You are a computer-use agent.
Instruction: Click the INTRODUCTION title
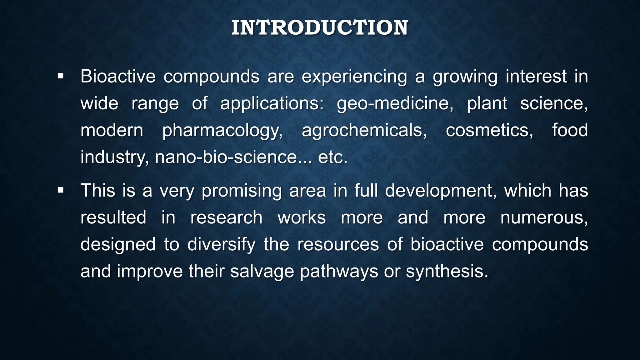click(320, 27)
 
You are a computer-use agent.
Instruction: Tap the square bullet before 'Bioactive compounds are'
click(61, 76)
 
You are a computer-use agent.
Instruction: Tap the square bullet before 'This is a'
click(61, 190)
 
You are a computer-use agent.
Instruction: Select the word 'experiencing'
click(354, 77)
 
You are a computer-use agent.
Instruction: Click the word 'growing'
click(465, 77)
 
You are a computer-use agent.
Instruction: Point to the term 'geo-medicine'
click(395, 103)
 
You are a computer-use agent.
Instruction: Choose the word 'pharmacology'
click(222, 130)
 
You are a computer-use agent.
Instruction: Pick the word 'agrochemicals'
click(364, 130)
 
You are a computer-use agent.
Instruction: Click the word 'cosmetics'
click(489, 130)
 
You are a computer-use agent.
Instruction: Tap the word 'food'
click(570, 130)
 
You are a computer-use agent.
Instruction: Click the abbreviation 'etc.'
click(332, 157)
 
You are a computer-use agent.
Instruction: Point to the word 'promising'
click(242, 191)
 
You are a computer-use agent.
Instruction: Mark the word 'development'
click(441, 191)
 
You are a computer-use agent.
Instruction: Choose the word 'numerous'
click(544, 217)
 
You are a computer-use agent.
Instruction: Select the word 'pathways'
click(339, 271)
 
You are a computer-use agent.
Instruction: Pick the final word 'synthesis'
click(447, 271)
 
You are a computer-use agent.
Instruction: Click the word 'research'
click(226, 217)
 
